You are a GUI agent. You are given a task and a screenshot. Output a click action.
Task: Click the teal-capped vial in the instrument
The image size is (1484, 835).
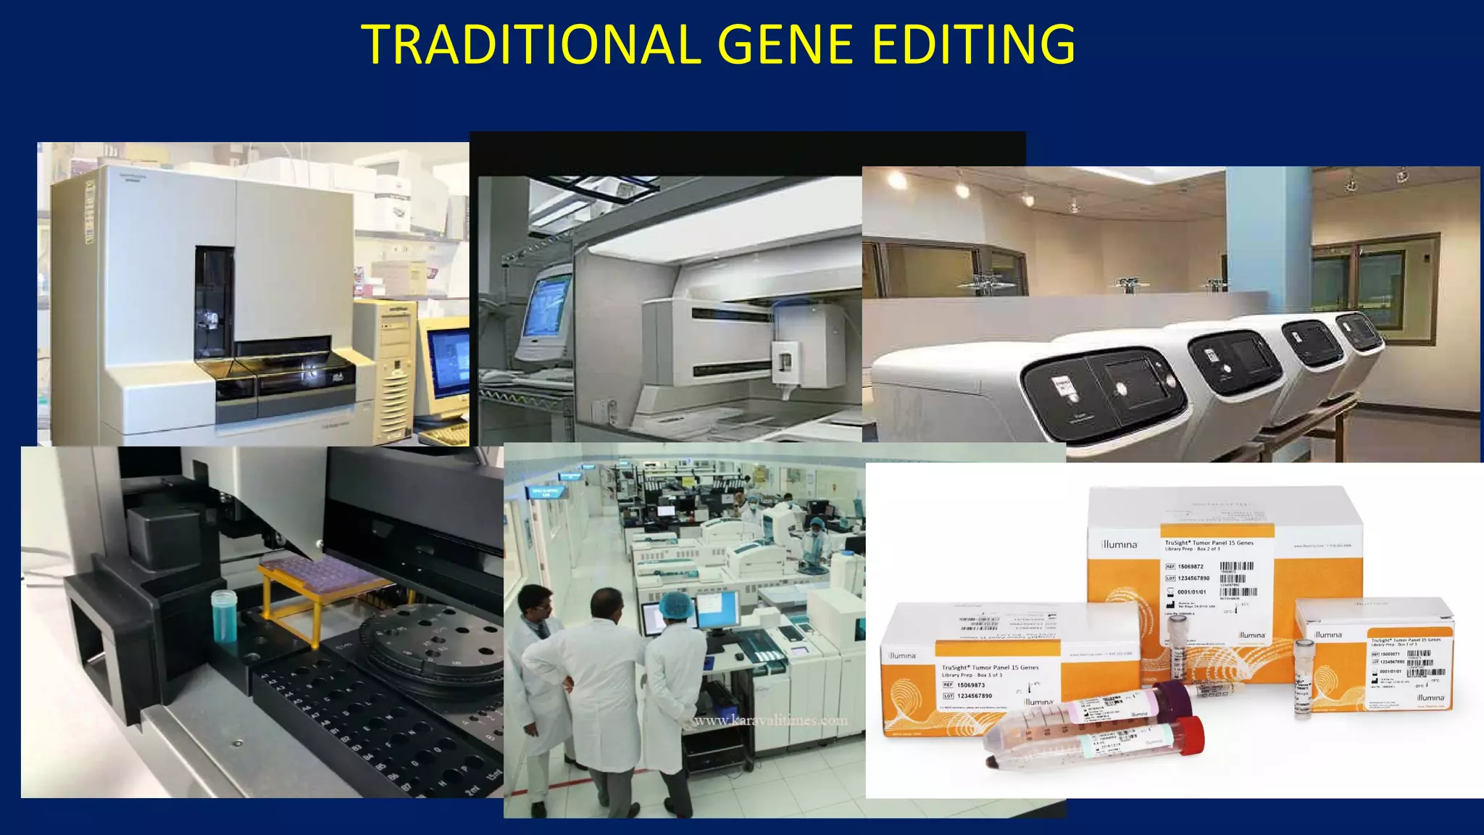(x=224, y=616)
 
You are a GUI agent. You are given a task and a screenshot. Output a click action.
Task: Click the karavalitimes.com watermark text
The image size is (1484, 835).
(x=770, y=720)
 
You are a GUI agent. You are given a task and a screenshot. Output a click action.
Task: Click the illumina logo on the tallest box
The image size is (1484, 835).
(x=1119, y=544)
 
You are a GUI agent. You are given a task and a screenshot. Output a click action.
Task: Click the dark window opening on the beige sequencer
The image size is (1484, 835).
(x=214, y=297)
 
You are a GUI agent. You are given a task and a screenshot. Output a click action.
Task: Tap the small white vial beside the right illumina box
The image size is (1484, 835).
(x=1303, y=677)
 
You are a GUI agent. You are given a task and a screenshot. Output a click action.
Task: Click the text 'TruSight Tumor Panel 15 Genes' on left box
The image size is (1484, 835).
(x=990, y=668)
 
